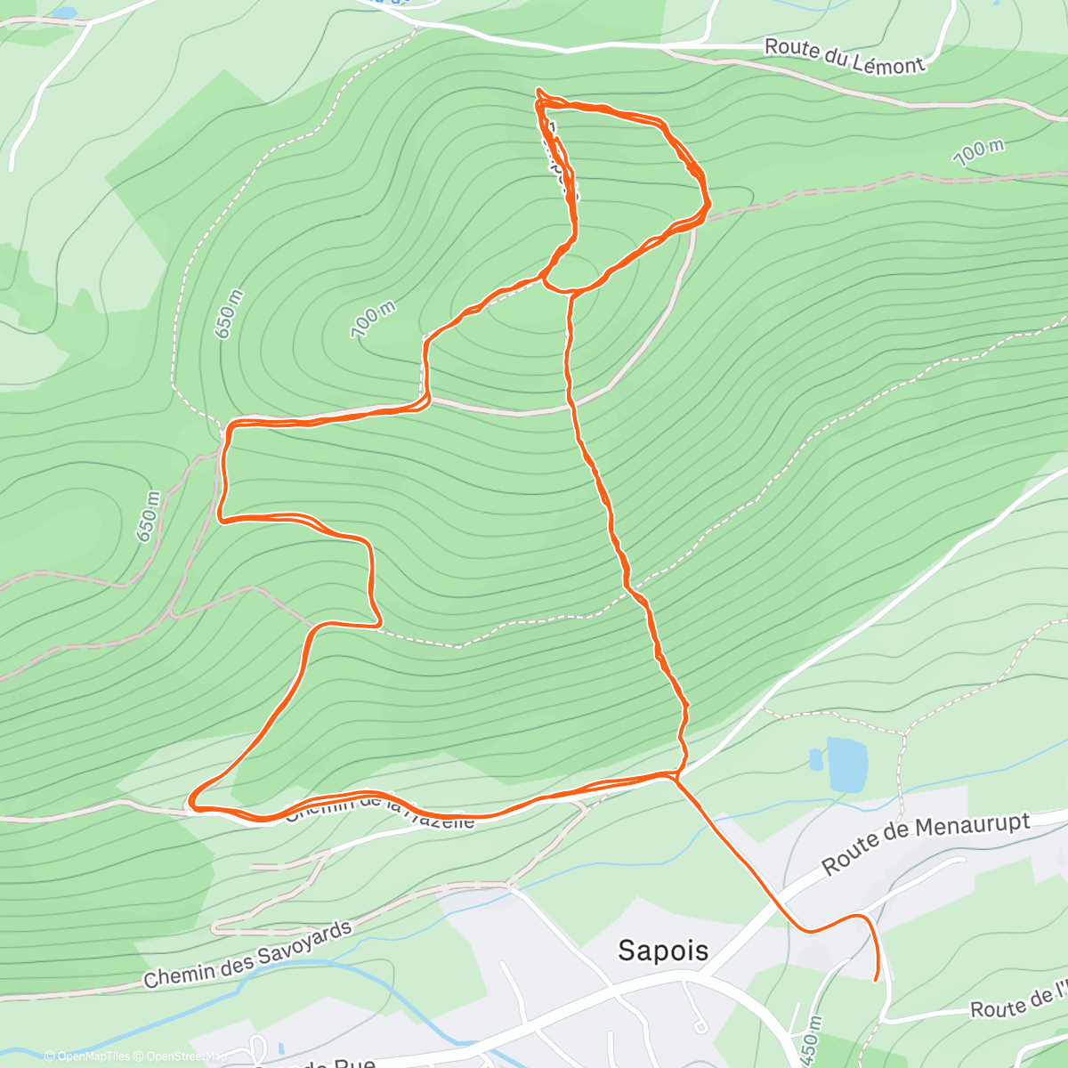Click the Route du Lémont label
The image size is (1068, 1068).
[x=845, y=56]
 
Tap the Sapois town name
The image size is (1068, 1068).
[x=663, y=951]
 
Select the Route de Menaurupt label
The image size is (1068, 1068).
[x=926, y=841]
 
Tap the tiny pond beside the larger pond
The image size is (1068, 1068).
[x=816, y=759]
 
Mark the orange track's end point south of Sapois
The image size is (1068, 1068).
[x=878, y=979]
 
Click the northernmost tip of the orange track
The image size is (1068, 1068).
[x=538, y=90]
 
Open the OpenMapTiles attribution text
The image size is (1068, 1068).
[x=87, y=1056]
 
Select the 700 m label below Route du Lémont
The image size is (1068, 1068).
[x=978, y=152]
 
